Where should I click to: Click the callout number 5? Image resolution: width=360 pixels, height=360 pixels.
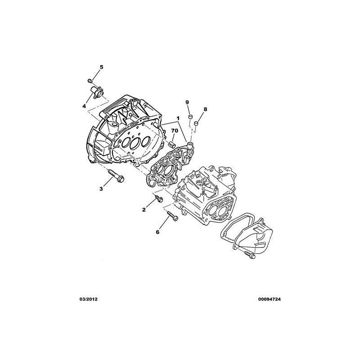coord(101,67)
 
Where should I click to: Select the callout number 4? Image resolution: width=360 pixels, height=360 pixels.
coord(84,106)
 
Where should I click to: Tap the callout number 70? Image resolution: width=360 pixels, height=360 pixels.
coord(175,130)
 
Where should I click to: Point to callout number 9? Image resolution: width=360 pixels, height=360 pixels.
coord(187,102)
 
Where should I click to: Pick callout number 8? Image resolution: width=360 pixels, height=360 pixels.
coord(205,109)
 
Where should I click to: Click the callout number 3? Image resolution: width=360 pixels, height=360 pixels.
coord(101,189)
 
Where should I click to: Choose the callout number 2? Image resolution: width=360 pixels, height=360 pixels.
coord(144,210)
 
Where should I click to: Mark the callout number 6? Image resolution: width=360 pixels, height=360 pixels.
coord(157,232)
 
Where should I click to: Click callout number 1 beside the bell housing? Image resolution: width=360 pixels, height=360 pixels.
coord(177,118)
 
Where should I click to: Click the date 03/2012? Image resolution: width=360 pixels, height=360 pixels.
coord(88,299)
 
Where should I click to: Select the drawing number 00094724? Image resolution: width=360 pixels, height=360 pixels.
coord(269,299)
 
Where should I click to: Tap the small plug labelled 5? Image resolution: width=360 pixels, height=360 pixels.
coord(90,81)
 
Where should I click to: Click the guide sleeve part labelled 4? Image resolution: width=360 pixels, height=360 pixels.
coord(98,92)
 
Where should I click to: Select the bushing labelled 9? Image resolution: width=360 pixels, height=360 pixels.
coord(190,117)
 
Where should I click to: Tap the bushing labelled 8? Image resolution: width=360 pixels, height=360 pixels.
coord(196,123)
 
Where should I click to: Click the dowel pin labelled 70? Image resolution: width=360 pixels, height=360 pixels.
coord(172,144)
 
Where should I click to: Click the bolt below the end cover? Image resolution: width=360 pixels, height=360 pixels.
coord(250,255)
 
